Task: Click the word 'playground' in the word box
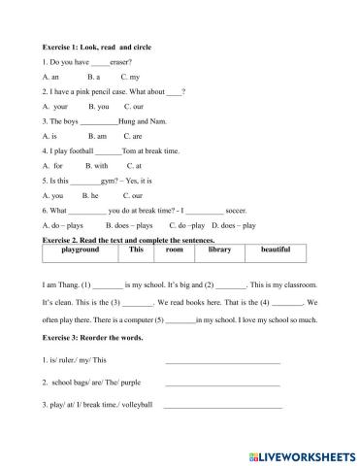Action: pos(80,250)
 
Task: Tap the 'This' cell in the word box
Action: pos(136,250)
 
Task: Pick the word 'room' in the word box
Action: pos(175,250)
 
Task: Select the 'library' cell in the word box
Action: pos(220,250)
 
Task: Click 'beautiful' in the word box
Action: pos(276,250)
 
